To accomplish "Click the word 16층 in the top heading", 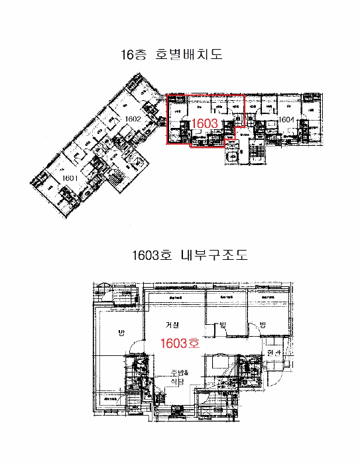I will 133,55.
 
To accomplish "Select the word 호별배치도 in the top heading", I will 189,55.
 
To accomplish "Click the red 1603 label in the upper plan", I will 204,123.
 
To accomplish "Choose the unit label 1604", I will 286,120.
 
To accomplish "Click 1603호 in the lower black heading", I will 151,255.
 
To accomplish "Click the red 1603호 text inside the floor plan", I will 180,343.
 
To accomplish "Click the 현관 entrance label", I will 274,353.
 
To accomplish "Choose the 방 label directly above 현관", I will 263,324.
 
